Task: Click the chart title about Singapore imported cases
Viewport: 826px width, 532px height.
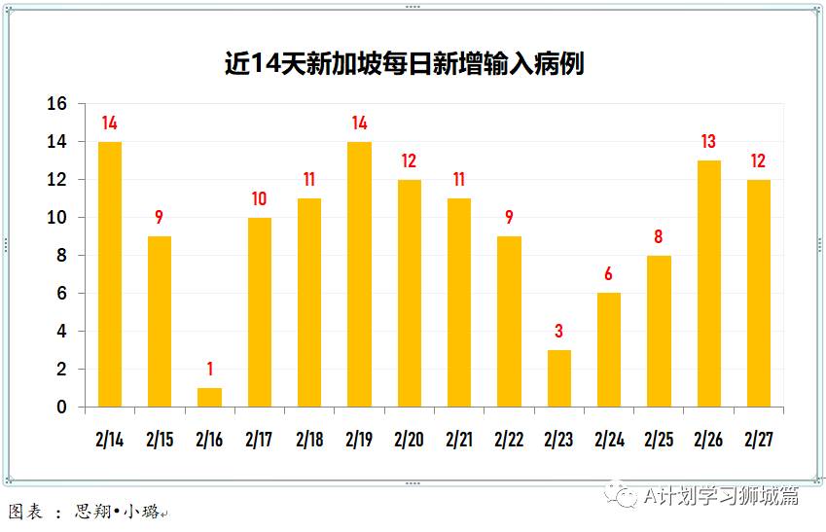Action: click(x=404, y=64)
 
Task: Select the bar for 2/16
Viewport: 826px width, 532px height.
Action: click(x=209, y=398)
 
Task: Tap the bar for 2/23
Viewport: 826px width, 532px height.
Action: click(x=558, y=378)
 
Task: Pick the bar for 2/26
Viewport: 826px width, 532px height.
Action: click(x=709, y=284)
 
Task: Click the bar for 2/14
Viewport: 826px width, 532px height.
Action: click(x=110, y=274)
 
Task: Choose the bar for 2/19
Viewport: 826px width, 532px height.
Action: click(x=359, y=274)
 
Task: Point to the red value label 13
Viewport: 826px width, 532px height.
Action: click(x=709, y=142)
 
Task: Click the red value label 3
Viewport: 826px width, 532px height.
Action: click(x=558, y=332)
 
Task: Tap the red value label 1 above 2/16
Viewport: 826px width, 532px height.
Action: click(x=209, y=370)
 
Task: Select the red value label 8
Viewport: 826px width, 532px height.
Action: click(x=659, y=236)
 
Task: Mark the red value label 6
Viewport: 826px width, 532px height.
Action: click(x=609, y=274)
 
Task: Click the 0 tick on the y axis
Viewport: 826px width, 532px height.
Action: click(x=62, y=408)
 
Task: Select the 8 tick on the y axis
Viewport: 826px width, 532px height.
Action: click(x=62, y=256)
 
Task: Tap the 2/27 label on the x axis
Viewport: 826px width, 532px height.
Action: click(x=759, y=440)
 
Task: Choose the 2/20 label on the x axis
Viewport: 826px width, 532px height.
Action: click(x=409, y=440)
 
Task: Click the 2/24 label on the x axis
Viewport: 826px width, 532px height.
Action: click(x=609, y=440)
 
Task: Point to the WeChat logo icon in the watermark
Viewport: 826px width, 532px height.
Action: click(x=621, y=496)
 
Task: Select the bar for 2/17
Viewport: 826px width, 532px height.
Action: click(x=259, y=312)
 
